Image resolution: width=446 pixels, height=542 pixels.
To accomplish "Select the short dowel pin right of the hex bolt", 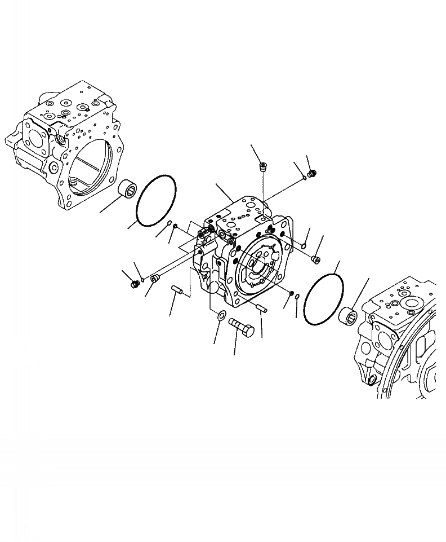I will pyautogui.click(x=261, y=308).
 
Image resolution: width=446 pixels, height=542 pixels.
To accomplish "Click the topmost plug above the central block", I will pyautogui.click(x=263, y=166).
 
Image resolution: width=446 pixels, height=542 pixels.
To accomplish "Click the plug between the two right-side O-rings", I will pyautogui.click(x=315, y=259).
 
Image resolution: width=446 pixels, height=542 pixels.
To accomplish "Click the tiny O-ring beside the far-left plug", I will pyautogui.click(x=144, y=279).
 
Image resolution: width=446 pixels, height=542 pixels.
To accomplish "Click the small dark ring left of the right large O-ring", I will pyautogui.click(x=291, y=293).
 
